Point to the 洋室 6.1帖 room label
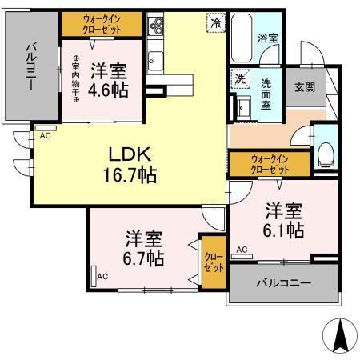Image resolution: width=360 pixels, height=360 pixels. click(x=284, y=220)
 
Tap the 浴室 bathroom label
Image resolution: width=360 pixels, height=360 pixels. click(x=266, y=38)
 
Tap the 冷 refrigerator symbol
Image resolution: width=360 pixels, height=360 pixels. click(x=215, y=24)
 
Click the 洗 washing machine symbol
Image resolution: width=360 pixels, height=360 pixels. click(x=240, y=78)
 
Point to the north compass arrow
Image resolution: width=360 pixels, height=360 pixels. click(x=338, y=336)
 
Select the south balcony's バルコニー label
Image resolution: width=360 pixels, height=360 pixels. click(x=283, y=283)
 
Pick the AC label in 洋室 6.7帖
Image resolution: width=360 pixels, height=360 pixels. click(x=102, y=277)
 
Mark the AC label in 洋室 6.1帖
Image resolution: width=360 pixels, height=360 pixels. click(x=241, y=250)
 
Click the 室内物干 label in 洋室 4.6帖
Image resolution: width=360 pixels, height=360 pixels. click(x=76, y=78)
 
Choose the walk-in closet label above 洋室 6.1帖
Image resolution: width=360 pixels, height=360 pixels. click(x=268, y=163)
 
